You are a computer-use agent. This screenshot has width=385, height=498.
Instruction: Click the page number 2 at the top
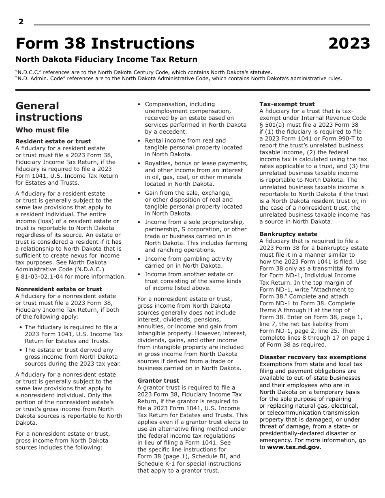21,22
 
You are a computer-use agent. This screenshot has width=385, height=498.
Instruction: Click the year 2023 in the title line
349,43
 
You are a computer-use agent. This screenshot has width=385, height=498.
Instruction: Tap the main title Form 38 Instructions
105,43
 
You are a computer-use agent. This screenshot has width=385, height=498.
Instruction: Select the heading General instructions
49,111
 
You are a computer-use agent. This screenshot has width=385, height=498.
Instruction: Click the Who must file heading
42,130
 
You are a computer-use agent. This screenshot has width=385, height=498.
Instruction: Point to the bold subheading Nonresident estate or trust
58,289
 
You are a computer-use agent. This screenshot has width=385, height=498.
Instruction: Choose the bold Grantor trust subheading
158,381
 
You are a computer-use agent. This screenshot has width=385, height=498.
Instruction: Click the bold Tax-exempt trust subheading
287,104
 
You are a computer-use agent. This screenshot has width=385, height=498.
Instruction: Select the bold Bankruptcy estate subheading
288,234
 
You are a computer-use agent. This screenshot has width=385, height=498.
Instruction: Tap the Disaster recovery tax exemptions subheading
312,357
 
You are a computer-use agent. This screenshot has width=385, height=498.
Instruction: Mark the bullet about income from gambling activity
188,262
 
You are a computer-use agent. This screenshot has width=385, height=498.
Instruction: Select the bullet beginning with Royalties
196,174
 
